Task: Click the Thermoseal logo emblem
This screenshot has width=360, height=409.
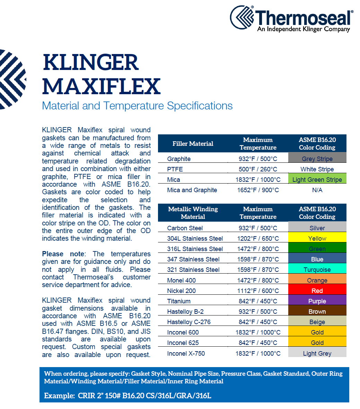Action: click(242, 17)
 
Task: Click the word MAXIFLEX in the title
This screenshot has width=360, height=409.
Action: click(101, 86)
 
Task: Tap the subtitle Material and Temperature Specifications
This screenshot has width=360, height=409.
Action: click(137, 106)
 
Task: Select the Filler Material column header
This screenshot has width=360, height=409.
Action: click(193, 143)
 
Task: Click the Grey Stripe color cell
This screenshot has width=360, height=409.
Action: click(317, 158)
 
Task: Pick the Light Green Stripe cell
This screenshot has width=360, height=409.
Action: click(317, 178)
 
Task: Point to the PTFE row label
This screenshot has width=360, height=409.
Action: click(175, 169)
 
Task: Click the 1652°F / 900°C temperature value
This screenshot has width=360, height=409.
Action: click(258, 190)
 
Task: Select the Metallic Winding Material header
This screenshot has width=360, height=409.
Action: click(193, 213)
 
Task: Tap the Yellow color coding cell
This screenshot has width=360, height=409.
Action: click(317, 237)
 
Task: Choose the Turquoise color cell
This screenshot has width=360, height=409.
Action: click(317, 268)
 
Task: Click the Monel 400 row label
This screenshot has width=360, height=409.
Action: click(182, 281)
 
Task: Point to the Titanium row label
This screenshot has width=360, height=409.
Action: click(179, 301)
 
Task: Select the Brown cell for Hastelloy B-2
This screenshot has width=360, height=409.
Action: click(317, 310)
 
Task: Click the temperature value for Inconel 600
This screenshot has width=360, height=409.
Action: click(258, 332)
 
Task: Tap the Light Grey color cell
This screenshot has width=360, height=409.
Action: click(317, 352)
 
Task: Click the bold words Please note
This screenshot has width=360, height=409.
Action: click(63, 254)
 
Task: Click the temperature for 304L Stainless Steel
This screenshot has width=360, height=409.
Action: click(258, 238)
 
